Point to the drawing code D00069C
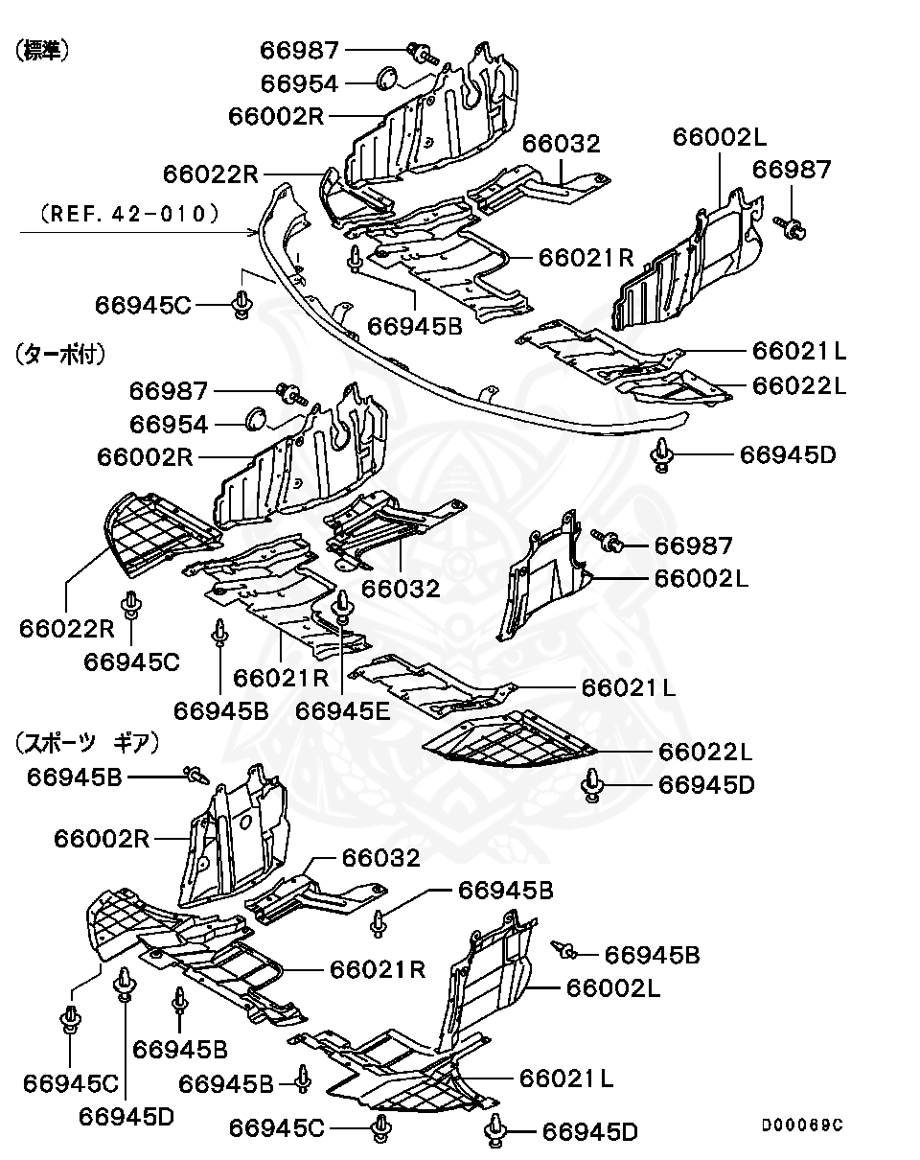[802, 1125]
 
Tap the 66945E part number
[343, 710]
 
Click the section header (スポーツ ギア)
[86, 741]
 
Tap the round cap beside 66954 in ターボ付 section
[255, 419]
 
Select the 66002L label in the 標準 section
[719, 136]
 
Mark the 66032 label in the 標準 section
[561, 144]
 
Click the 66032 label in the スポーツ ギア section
[380, 858]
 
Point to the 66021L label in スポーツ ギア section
[566, 1079]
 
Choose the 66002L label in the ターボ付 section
[701, 578]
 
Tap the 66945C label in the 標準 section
[143, 305]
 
